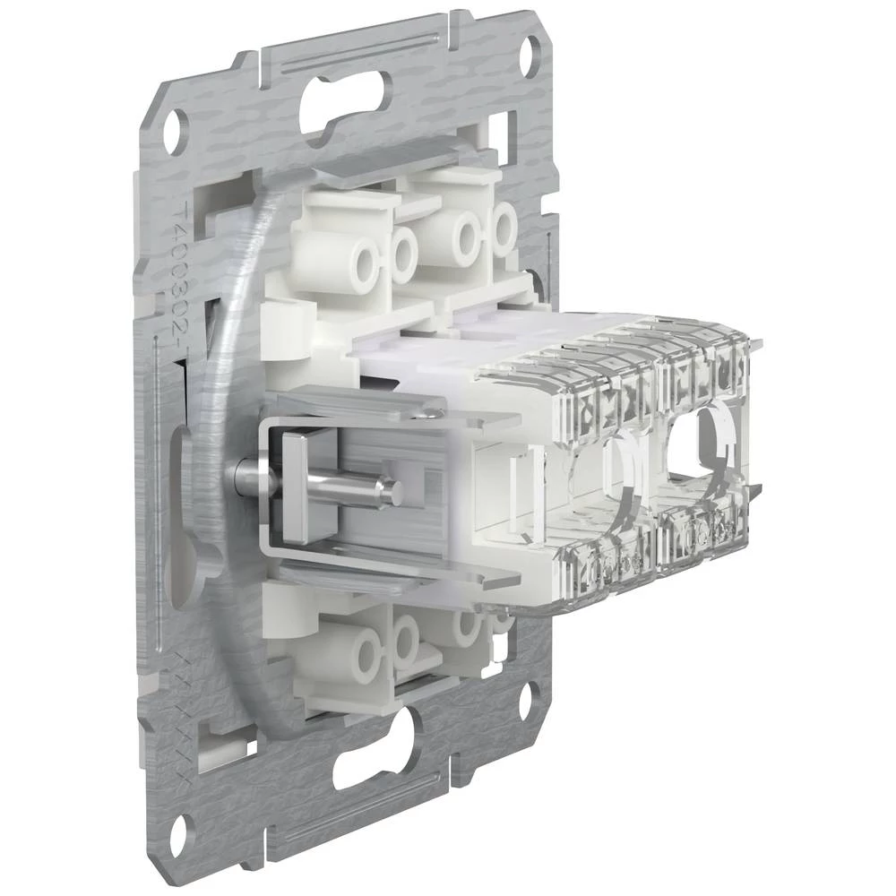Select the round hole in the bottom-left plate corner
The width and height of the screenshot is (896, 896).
[178, 831]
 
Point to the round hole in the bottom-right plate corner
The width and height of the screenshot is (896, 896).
[529, 697]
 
